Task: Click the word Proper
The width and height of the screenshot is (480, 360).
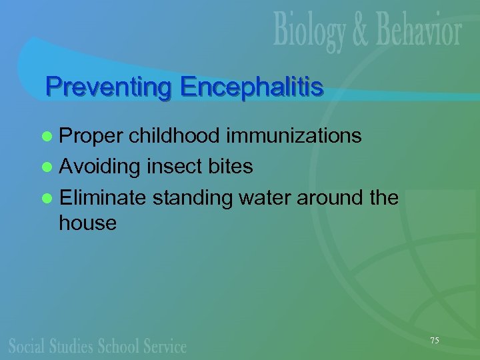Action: [x=91, y=137]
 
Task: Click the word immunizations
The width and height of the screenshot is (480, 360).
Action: [x=294, y=136]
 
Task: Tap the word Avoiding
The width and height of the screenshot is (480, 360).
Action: [x=99, y=167]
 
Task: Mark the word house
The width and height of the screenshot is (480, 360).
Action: [x=87, y=223]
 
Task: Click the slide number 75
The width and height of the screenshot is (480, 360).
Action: [x=435, y=341]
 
